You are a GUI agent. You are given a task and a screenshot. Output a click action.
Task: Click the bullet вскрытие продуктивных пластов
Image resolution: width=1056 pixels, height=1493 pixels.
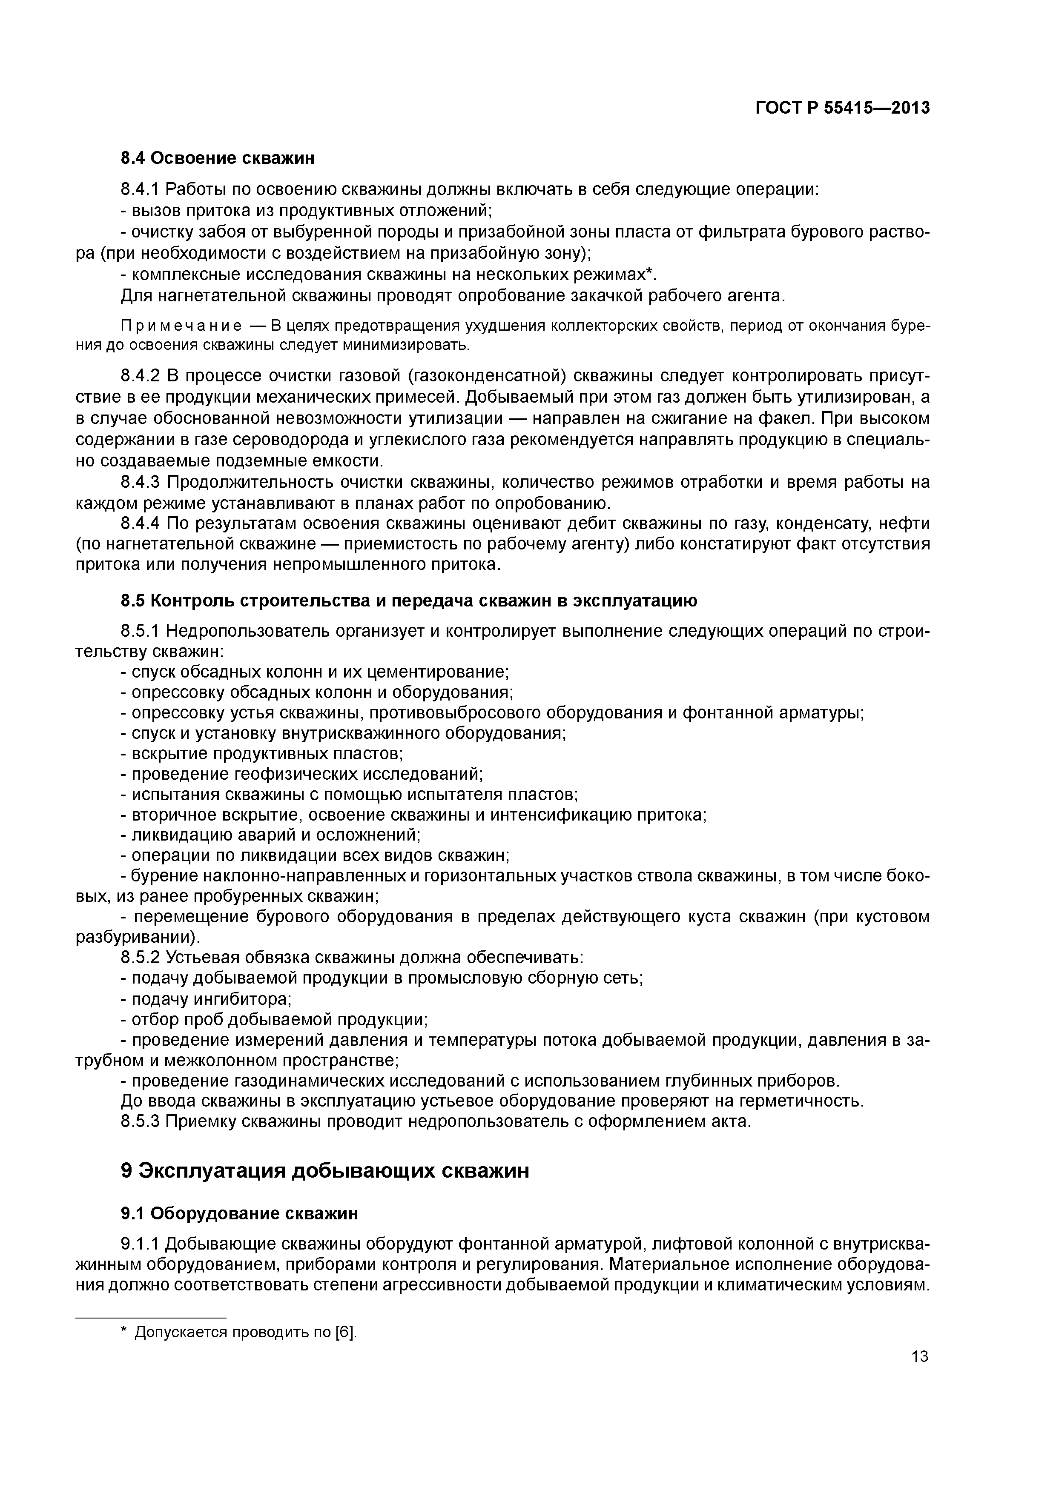262,754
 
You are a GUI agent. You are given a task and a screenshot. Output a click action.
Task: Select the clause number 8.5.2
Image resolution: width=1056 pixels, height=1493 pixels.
140,958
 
